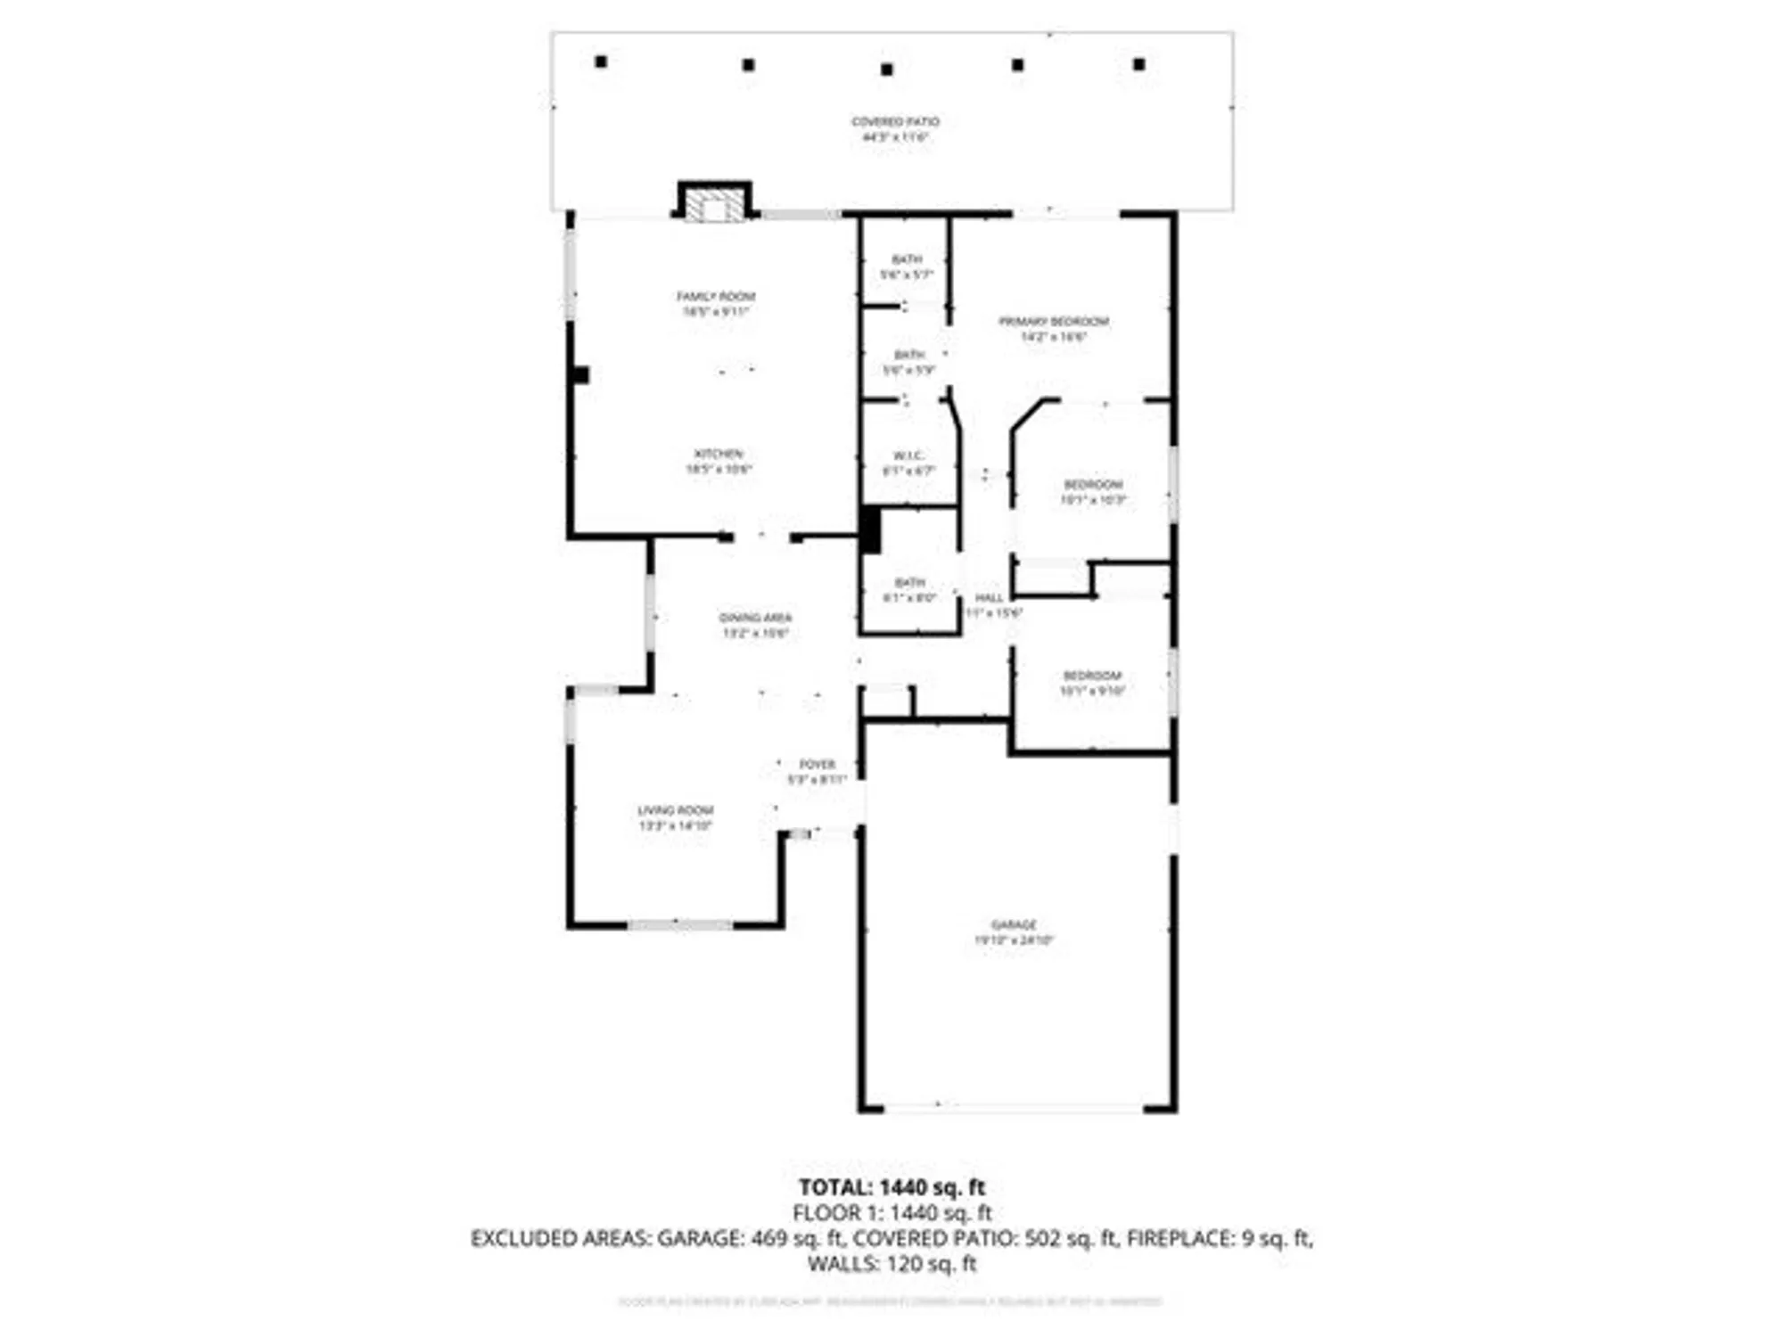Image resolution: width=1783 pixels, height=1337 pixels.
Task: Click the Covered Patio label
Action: click(x=895, y=129)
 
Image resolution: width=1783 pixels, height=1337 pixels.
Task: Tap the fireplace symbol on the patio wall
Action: click(x=714, y=203)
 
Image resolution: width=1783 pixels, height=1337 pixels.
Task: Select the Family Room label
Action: click(x=716, y=304)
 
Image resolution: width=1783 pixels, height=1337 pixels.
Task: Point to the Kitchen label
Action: click(x=719, y=461)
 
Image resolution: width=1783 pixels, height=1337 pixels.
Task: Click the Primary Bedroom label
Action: click(x=1054, y=329)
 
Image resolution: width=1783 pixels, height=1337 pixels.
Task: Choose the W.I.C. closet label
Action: click(x=908, y=463)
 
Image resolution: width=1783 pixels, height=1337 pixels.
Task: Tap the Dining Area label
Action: click(x=755, y=625)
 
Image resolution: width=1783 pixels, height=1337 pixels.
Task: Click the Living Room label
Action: click(x=675, y=818)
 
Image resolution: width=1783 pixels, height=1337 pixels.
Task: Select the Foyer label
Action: click(x=817, y=772)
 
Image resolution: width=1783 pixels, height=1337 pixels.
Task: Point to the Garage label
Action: click(x=1014, y=932)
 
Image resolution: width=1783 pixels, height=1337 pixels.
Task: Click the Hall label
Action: click(x=990, y=604)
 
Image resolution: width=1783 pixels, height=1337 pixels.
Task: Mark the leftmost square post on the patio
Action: click(x=601, y=62)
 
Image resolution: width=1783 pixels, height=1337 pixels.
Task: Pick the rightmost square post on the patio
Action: click(x=1138, y=64)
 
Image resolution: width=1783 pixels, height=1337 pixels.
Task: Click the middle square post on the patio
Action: click(x=886, y=70)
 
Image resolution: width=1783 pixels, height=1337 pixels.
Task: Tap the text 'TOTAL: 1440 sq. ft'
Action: click(x=891, y=1187)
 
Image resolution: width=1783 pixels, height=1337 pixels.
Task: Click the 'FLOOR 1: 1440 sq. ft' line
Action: click(x=891, y=1212)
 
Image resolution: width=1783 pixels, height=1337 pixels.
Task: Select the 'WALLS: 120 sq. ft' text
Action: click(x=891, y=1263)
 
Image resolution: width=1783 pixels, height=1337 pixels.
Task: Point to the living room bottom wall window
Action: click(x=679, y=925)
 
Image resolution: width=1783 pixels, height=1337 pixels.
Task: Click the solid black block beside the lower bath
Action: click(x=870, y=529)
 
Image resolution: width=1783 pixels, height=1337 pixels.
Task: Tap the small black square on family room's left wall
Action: click(x=580, y=375)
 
